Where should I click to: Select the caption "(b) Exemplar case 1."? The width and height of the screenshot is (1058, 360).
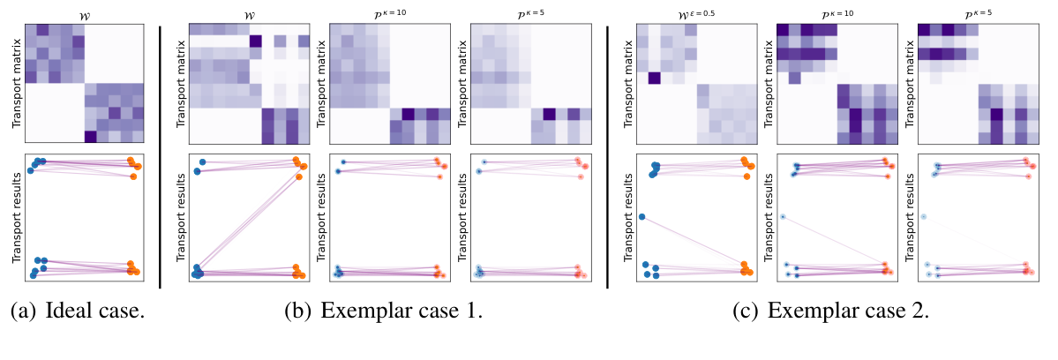383,311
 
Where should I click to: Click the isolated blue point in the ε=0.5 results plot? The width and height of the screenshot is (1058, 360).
642,217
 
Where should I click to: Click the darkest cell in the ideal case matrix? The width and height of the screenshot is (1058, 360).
90,136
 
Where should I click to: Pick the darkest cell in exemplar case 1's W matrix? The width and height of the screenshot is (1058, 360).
256,41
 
